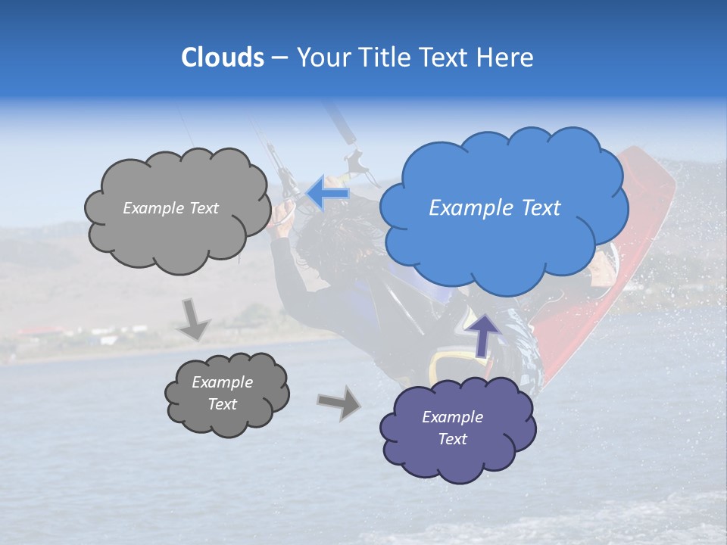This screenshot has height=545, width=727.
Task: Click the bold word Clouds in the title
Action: (x=222, y=58)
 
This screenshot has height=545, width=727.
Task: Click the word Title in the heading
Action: (x=383, y=58)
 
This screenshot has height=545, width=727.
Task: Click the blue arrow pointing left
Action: (x=328, y=194)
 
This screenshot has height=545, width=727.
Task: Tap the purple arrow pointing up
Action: (x=484, y=333)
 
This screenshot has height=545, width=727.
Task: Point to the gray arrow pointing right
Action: (x=339, y=403)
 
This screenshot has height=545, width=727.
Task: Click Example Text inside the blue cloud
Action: (x=495, y=208)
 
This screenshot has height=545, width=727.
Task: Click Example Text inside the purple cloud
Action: (x=452, y=428)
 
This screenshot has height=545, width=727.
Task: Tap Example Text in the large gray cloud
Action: (x=170, y=208)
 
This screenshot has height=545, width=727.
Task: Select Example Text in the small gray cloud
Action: (x=222, y=393)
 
